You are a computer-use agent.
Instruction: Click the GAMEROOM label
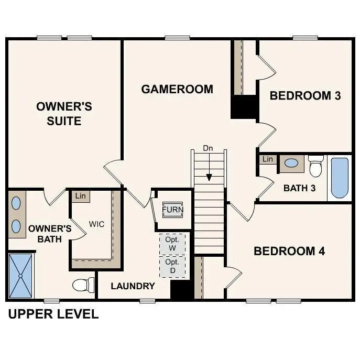[x=177, y=89]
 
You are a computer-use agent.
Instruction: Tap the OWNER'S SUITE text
[x=64, y=114]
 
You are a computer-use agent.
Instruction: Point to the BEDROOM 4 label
[x=289, y=251]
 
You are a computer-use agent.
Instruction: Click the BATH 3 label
[x=299, y=188]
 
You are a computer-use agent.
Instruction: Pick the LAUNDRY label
[x=133, y=286]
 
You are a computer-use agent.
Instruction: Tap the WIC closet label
[x=96, y=224]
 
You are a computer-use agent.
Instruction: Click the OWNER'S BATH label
[x=50, y=234]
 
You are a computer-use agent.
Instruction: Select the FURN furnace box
[x=172, y=210]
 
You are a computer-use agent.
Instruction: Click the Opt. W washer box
[x=172, y=243]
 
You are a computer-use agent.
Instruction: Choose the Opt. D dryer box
[x=172, y=266]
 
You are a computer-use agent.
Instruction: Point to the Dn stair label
[x=208, y=148]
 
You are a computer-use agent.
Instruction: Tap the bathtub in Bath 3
[x=339, y=178]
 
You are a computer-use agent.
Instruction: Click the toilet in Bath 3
[x=315, y=166]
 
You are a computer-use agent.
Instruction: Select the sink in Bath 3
[x=291, y=163]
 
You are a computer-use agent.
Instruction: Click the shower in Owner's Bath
[x=20, y=276]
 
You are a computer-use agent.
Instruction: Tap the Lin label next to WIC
[x=80, y=196]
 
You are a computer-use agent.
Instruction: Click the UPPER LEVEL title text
[x=53, y=314]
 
